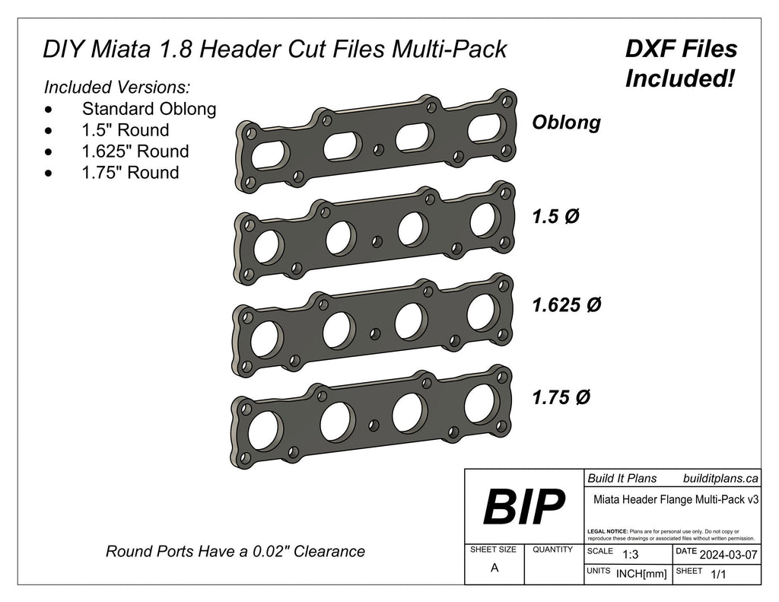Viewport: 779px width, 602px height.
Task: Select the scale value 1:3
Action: pos(630,555)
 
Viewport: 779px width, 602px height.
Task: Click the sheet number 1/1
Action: pos(717,576)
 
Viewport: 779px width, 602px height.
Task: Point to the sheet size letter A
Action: pos(494,568)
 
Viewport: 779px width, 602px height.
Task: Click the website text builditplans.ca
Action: pos(720,478)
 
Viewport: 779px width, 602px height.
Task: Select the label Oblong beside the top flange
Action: pos(566,123)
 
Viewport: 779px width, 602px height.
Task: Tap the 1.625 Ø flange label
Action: pos(567,305)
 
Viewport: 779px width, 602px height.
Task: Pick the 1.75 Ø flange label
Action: pos(562,397)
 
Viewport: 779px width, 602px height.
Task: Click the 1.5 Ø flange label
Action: pos(555,216)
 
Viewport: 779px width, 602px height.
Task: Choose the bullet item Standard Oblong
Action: pos(149,109)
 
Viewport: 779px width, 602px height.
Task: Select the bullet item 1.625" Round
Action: pos(135,151)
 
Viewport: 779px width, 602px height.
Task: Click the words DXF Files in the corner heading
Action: pos(681,49)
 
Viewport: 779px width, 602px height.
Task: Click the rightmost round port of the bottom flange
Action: pos(481,403)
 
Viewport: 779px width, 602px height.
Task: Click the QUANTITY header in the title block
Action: pos(553,549)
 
